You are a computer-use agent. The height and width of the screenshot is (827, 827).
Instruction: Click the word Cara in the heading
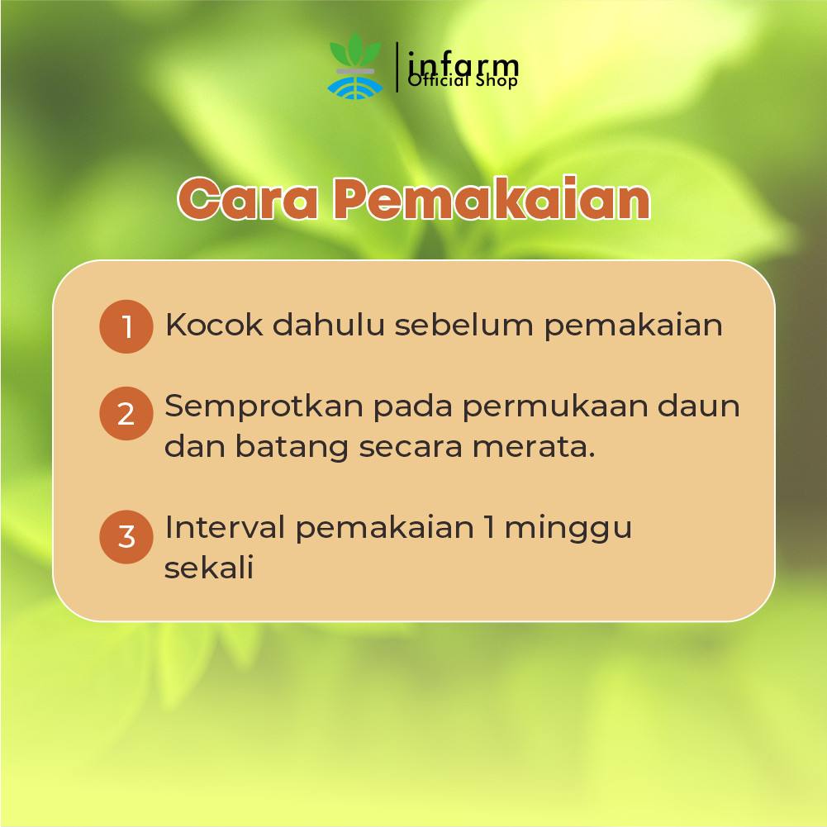coord(247,198)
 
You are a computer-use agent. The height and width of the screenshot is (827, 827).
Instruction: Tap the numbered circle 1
coord(126,326)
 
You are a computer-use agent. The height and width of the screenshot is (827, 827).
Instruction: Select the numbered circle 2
coord(126,413)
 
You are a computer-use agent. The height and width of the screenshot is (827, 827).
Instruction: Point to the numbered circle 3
coord(126,537)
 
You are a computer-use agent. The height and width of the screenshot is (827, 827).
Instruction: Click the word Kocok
coord(214,325)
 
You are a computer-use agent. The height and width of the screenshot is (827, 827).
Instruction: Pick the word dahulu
coord(329,325)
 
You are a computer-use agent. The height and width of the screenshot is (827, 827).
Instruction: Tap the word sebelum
coord(464,325)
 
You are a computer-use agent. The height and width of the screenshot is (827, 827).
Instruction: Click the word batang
coord(291,448)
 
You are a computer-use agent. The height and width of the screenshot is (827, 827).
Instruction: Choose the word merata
coord(534,447)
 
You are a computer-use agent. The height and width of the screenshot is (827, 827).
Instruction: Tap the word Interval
coord(225,527)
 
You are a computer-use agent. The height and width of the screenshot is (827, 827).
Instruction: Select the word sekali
coord(209,568)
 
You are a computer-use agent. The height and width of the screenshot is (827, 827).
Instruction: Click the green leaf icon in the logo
coord(355,50)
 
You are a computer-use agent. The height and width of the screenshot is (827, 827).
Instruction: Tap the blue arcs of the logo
coord(355,88)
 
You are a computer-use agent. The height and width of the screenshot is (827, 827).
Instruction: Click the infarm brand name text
coord(463,66)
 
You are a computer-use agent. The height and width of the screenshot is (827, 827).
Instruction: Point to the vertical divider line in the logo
coord(397,67)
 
